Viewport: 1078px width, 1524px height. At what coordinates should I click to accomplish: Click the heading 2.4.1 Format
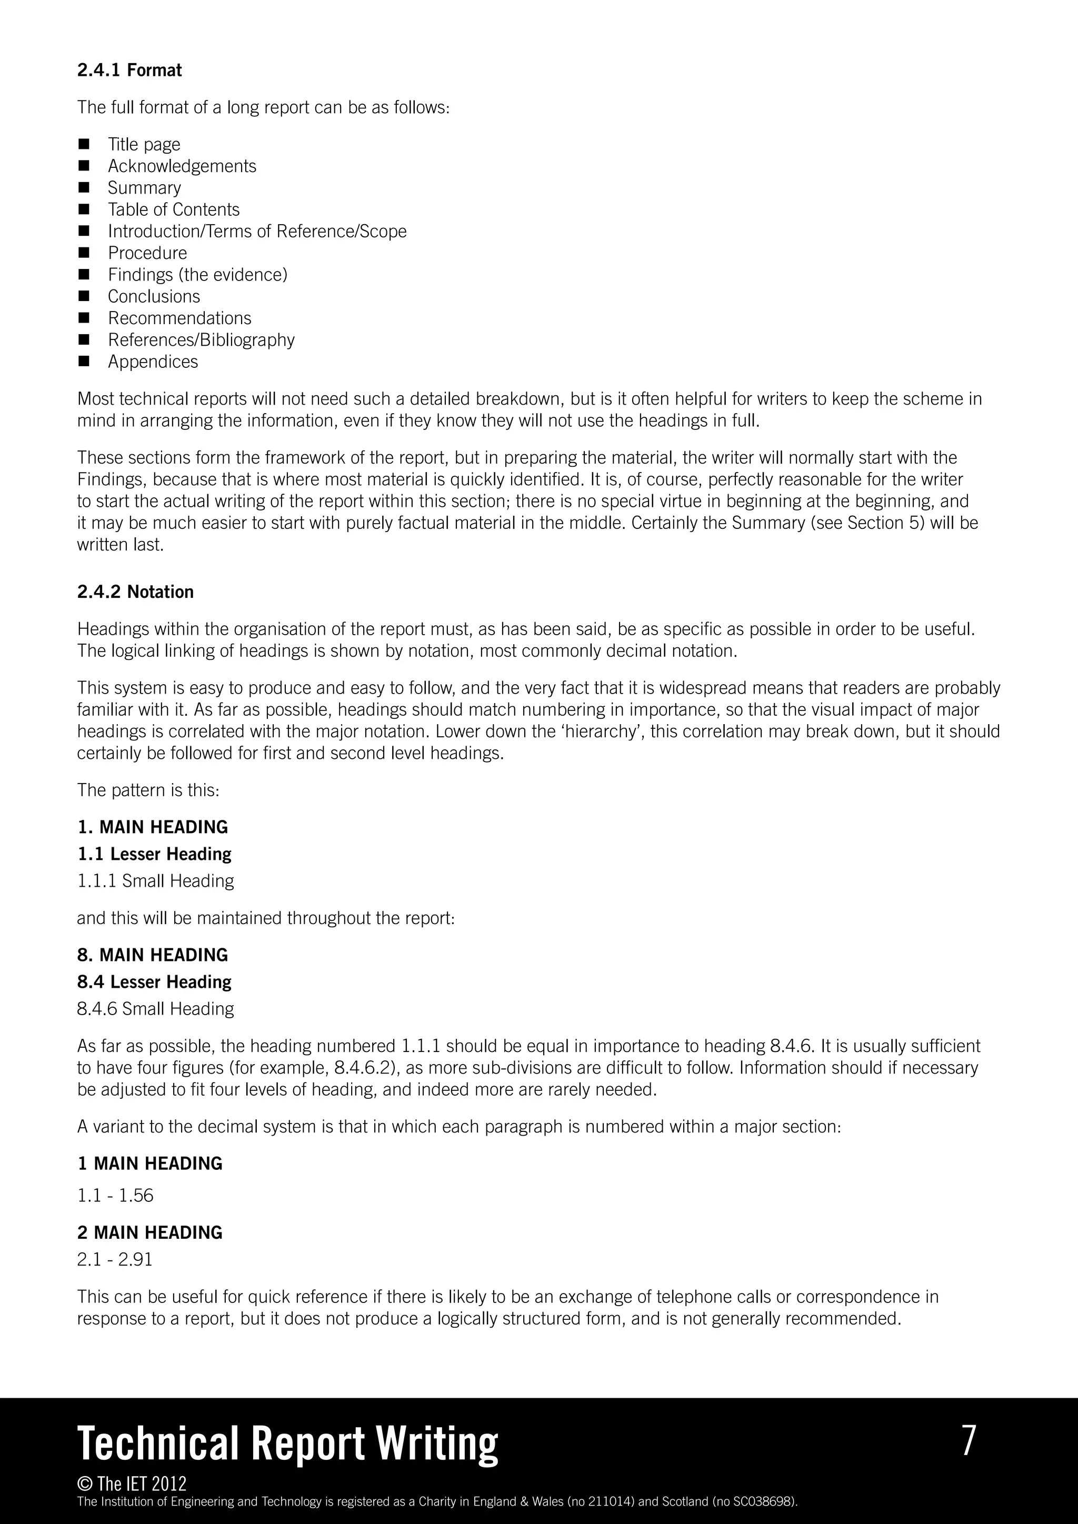tap(129, 71)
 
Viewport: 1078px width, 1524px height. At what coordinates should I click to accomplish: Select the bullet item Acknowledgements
tap(182, 166)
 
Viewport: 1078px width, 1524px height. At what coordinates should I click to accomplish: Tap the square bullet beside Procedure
tap(84, 253)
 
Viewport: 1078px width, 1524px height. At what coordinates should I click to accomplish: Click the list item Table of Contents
tap(173, 210)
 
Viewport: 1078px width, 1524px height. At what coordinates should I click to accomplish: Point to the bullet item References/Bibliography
tap(201, 340)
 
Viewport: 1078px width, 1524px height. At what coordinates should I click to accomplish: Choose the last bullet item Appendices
tap(153, 362)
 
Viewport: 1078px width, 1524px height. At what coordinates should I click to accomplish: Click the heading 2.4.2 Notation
tap(135, 592)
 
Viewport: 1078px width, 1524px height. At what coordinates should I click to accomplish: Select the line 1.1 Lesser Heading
tap(154, 854)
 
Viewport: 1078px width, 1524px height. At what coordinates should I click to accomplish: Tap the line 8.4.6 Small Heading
tap(155, 1009)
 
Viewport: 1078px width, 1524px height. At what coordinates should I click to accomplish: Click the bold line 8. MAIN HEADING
tap(152, 955)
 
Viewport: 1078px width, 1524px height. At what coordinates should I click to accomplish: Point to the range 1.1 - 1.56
tap(115, 1196)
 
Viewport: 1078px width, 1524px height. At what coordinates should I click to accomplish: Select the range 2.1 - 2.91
tap(115, 1259)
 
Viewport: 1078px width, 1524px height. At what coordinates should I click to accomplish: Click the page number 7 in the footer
tap(969, 1440)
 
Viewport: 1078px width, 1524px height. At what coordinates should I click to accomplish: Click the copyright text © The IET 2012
tap(132, 1483)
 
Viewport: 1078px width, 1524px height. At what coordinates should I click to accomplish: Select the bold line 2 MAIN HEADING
tap(149, 1232)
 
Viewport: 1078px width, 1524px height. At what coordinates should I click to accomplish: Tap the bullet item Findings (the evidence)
tap(197, 275)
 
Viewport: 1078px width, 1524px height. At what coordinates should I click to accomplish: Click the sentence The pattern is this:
tap(147, 790)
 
